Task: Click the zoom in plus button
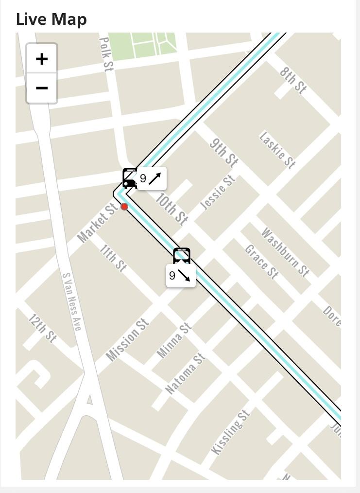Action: click(x=42, y=59)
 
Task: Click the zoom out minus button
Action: click(x=42, y=88)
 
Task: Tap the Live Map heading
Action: click(x=51, y=19)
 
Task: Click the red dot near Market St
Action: click(x=124, y=207)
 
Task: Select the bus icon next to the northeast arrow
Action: click(x=130, y=178)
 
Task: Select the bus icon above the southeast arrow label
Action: click(x=182, y=256)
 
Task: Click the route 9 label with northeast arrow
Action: click(x=152, y=178)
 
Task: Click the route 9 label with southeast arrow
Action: click(x=181, y=276)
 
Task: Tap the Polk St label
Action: click(x=106, y=54)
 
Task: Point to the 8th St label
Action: click(x=293, y=80)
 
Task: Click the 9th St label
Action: click(x=223, y=152)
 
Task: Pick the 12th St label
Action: click(x=42, y=328)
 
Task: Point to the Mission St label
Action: click(x=127, y=340)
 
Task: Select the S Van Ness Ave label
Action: click(x=71, y=301)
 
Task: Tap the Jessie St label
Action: click(x=218, y=193)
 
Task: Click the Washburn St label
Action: click(x=285, y=252)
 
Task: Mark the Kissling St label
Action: click(x=231, y=432)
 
